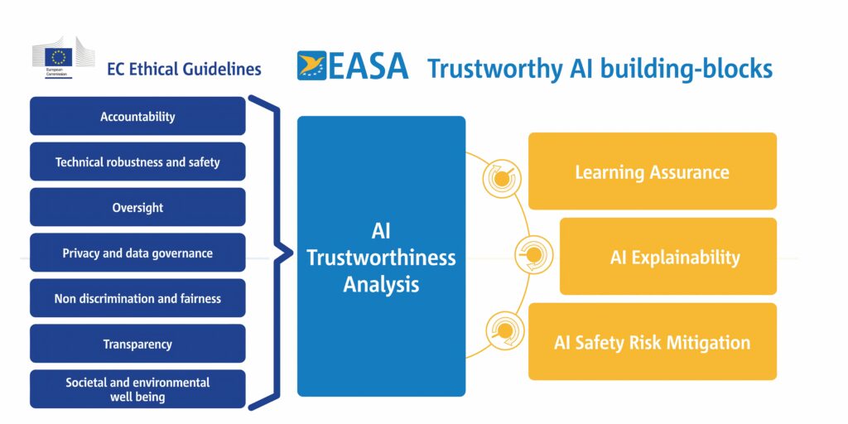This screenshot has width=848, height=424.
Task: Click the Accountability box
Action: [137, 117]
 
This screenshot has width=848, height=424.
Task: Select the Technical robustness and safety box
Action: [137, 162]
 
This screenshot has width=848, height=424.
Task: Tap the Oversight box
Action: [137, 208]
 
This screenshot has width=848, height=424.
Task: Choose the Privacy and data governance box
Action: [137, 253]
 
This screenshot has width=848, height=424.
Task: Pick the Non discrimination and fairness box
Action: [137, 298]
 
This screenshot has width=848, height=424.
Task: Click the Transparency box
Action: [137, 344]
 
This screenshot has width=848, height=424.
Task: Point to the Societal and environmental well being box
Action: [137, 389]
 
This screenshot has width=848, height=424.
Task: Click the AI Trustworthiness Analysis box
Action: [381, 257]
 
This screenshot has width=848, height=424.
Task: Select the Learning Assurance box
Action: [652, 171]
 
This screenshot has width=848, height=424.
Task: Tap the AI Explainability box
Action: [667, 257]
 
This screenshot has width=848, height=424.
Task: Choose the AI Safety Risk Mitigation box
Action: [652, 342]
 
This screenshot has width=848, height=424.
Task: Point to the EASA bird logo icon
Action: [312, 66]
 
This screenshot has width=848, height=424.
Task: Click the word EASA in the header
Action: [369, 67]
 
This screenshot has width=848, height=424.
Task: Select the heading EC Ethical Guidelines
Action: [184, 70]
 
